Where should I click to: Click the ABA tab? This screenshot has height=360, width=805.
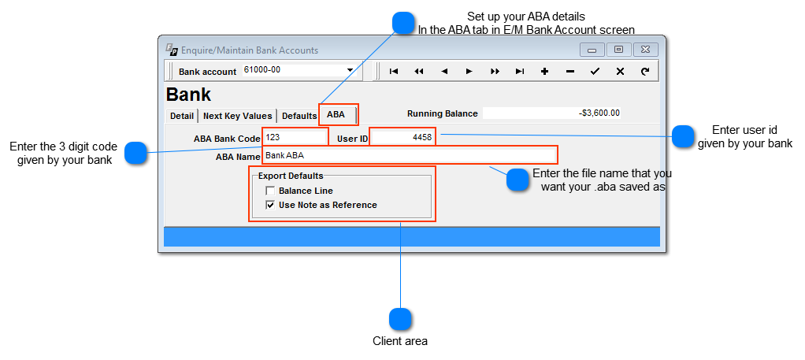(x=336, y=115)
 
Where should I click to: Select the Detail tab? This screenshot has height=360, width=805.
(x=182, y=116)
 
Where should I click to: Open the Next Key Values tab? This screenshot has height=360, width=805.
(x=237, y=116)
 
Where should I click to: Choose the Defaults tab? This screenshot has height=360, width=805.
(x=299, y=116)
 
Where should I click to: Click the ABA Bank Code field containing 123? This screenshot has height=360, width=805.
(x=295, y=137)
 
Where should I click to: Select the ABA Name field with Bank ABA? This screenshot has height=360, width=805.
(x=410, y=155)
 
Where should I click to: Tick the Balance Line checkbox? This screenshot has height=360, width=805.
(x=270, y=191)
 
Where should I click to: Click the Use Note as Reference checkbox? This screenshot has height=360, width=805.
(x=270, y=205)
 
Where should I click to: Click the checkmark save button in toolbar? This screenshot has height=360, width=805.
(x=595, y=71)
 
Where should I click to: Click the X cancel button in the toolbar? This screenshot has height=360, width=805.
(x=620, y=71)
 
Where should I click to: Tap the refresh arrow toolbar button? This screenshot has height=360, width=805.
(x=645, y=71)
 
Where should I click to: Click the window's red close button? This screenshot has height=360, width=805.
(x=645, y=50)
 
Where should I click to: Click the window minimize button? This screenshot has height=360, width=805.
(x=592, y=50)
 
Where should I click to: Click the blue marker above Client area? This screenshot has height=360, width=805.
(x=401, y=319)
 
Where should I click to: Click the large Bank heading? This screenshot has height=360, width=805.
(x=188, y=95)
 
